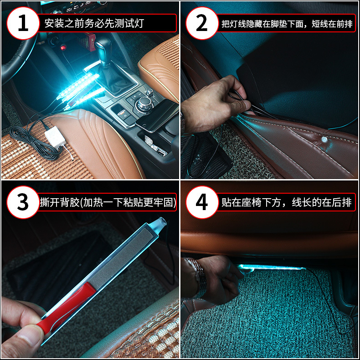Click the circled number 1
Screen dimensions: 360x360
[23, 23]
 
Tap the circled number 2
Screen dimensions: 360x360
[202, 23]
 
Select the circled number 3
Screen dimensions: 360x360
[23, 202]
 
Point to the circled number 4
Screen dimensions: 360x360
[202, 202]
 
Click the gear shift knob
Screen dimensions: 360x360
[103, 51]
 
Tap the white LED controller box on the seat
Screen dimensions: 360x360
[55, 136]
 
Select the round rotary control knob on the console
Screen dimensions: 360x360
[144, 104]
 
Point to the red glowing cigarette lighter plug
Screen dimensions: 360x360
[63, 48]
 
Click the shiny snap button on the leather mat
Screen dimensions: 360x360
[324, 139]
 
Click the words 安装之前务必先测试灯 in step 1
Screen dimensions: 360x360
[94, 23]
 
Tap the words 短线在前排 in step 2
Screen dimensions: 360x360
[332, 24]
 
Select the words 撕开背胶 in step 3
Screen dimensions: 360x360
[60, 202]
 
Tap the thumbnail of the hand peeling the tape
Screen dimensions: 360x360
[90, 270]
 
